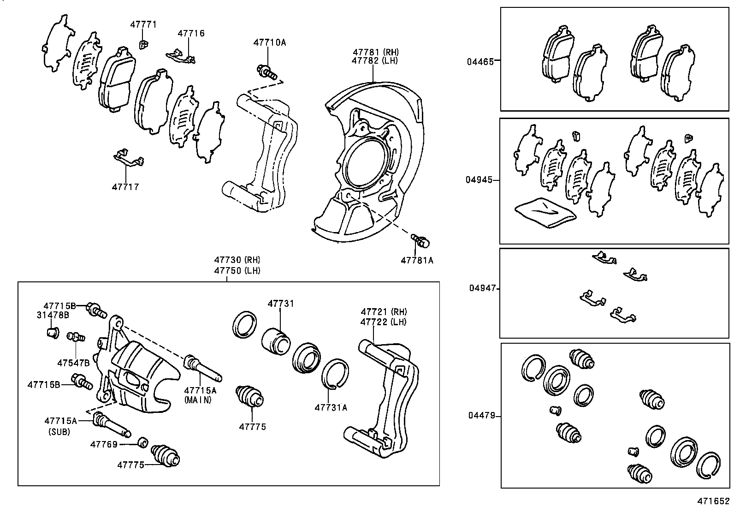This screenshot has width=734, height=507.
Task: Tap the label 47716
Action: [x=191, y=33]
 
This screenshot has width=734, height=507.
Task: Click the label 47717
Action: [x=125, y=187]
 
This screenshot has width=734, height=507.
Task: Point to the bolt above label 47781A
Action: [x=420, y=240]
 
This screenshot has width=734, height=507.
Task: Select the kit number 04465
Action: [x=479, y=61]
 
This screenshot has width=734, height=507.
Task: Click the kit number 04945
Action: [x=479, y=180]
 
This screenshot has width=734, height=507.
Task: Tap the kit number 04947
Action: [x=482, y=288]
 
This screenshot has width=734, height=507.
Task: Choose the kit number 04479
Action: [x=482, y=416]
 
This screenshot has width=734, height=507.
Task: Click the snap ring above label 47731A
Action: [x=335, y=373]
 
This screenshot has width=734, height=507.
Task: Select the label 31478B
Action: [x=53, y=315]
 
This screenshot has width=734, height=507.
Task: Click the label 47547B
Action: [x=73, y=363]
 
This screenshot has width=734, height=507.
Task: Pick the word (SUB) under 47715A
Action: [x=59, y=432]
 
